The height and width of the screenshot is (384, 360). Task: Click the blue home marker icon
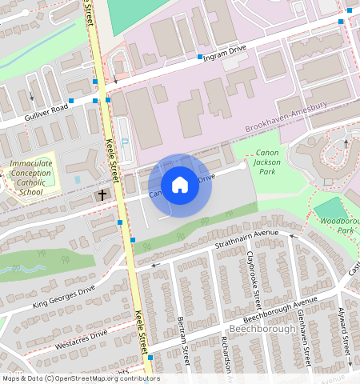click(180, 185)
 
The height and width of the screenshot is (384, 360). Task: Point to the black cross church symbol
click(102, 194)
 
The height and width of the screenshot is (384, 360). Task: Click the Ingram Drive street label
click(227, 50)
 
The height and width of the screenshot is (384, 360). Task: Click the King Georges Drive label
click(64, 295)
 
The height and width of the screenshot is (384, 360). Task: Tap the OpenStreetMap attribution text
click(80, 378)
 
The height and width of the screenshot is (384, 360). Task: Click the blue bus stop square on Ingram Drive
click(199, 57)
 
